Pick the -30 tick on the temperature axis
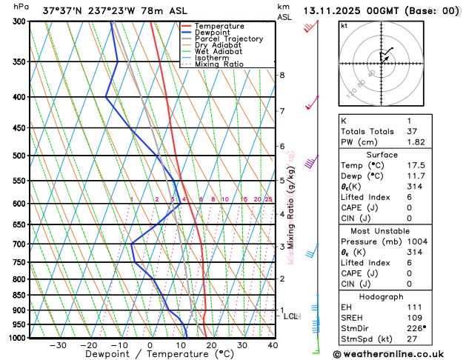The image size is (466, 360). [x=58, y=345]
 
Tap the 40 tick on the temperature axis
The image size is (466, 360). [x=273, y=345]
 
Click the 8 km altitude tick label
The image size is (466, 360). [x=282, y=76]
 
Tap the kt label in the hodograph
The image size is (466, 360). [x=344, y=25]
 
